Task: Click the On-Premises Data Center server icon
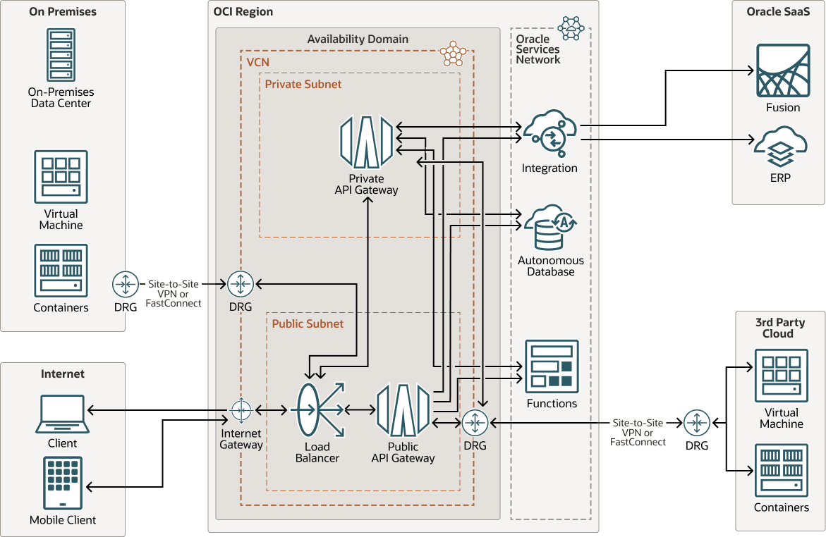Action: (61, 55)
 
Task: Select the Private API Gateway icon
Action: (366, 142)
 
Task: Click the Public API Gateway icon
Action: (403, 410)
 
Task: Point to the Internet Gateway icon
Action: (241, 409)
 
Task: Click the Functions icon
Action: (552, 366)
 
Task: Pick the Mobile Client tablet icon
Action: (63, 483)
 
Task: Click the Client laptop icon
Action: (62, 414)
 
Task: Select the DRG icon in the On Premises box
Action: (126, 285)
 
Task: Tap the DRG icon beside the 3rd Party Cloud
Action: (697, 423)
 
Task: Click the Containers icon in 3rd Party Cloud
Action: (782, 470)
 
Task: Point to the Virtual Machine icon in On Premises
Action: (61, 177)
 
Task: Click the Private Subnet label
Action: (303, 84)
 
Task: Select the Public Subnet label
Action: (308, 323)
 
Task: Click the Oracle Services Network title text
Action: (537, 49)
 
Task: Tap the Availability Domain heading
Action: (358, 39)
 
